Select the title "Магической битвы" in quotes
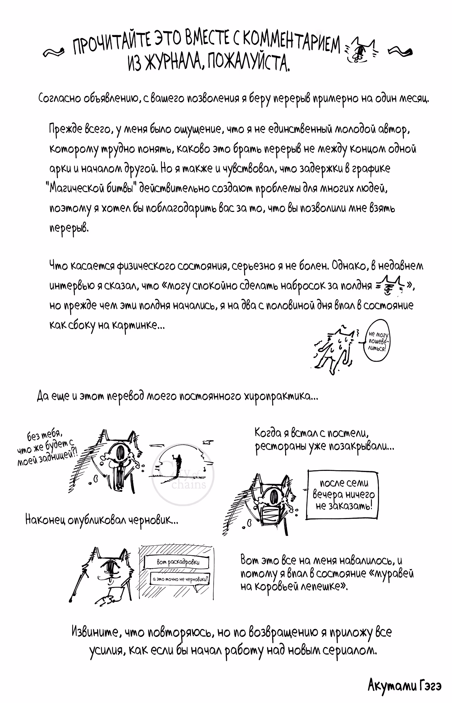tap(92, 188)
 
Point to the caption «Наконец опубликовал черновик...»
tap(102, 519)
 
